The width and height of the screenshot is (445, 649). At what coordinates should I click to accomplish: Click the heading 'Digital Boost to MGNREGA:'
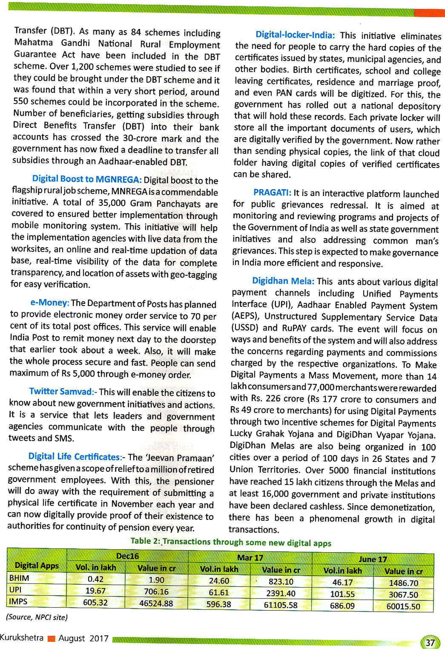tap(87, 179)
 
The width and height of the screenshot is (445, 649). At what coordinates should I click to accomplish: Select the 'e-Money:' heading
tap(49, 303)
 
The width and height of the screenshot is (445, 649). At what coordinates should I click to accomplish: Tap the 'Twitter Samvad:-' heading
tap(63, 392)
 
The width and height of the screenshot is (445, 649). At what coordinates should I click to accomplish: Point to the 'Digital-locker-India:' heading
tap(295, 35)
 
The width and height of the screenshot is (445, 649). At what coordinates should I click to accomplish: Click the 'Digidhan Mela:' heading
tap(283, 281)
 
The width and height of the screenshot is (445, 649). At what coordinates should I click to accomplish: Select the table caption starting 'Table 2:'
tap(231, 542)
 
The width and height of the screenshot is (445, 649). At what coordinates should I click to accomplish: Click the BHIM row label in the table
tap(19, 578)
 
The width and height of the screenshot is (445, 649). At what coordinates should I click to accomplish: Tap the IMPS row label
tap(18, 601)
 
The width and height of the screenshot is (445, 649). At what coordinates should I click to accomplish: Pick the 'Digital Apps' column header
tap(37, 565)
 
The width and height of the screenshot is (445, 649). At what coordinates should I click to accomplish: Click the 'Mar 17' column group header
tap(250, 557)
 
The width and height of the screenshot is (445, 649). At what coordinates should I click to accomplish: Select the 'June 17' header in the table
tap(373, 559)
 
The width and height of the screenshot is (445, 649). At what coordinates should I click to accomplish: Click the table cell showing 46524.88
tap(156, 604)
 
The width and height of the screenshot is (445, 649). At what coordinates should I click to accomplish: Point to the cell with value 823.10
tap(281, 581)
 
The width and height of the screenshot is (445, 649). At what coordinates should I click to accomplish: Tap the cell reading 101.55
tap(342, 594)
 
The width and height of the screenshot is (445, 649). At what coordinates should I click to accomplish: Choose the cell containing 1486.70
tap(403, 583)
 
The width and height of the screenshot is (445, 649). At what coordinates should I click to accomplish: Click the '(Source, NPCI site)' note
tap(36, 617)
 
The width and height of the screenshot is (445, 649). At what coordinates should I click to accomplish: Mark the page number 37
tap(430, 642)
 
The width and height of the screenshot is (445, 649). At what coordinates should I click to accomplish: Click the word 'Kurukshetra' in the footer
tap(22, 637)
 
